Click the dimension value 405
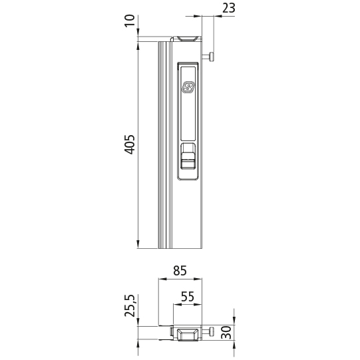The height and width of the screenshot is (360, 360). tap(131, 144)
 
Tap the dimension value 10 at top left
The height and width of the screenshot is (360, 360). tap(131, 29)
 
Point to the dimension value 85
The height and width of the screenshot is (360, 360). tap(179, 271)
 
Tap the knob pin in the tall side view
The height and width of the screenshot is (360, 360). tap(210, 58)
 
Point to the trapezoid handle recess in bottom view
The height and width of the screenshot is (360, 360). tap(188, 335)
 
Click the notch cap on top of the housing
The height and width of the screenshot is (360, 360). tap(187, 39)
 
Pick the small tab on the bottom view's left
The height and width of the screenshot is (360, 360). tap(172, 331)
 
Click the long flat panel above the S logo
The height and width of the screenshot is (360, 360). tap(188, 72)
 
